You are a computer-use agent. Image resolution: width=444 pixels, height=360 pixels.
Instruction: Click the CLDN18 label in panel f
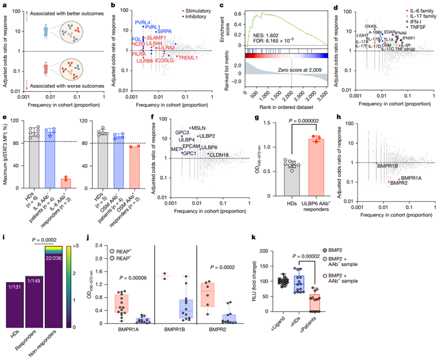coord(220,154)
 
